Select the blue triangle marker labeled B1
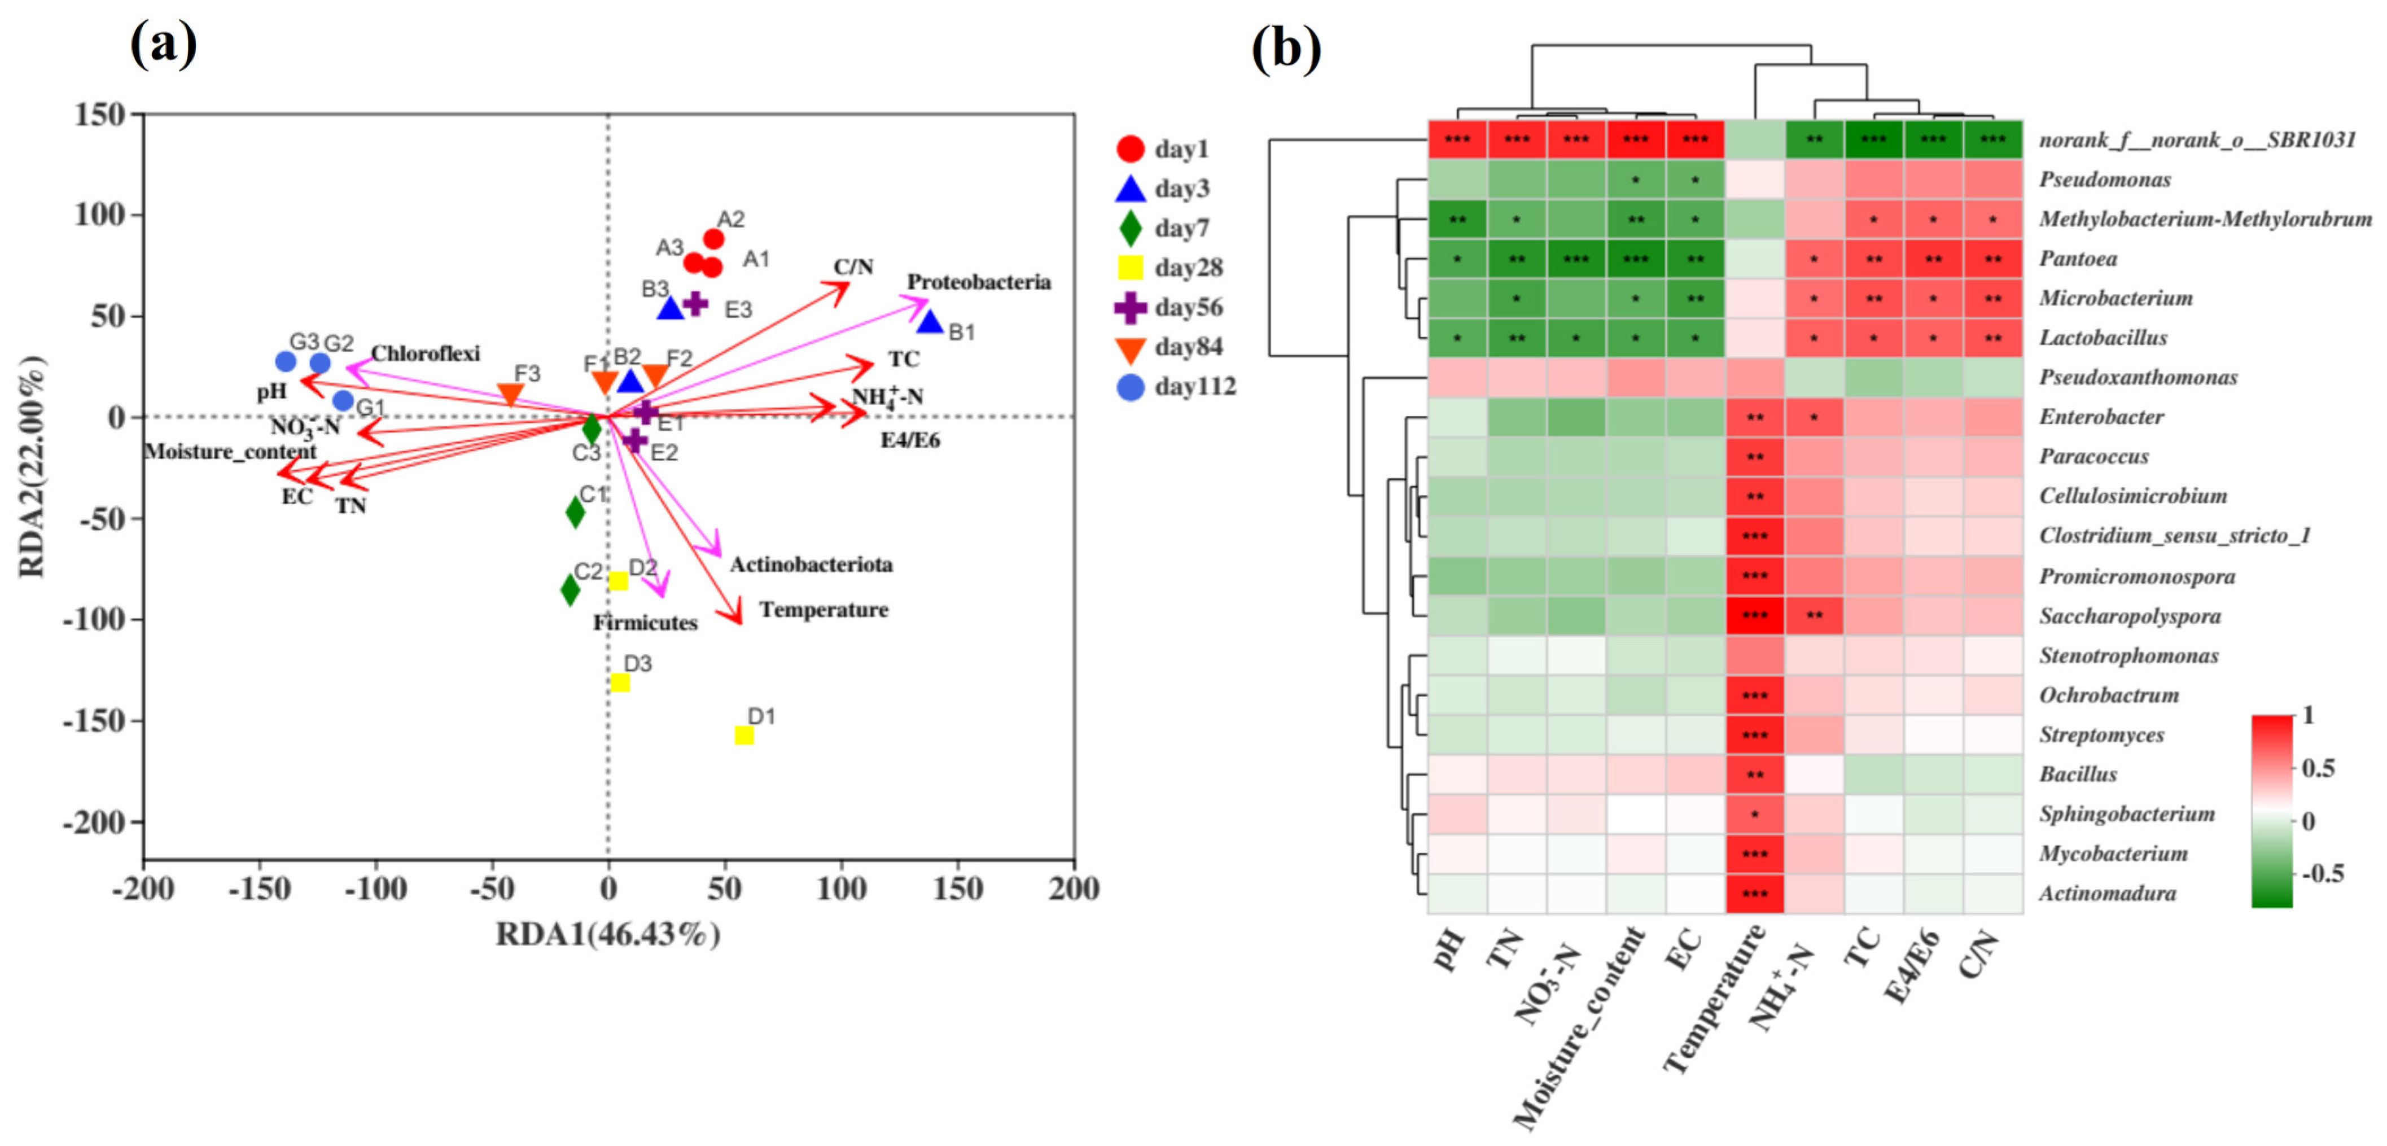930,322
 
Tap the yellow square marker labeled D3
620,683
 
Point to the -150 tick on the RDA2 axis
93,721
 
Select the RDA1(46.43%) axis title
608,934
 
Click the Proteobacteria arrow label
979,282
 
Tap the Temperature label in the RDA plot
824,610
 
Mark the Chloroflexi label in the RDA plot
426,354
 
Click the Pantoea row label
2078,259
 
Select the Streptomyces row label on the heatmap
2101,734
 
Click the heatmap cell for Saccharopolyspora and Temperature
1754,615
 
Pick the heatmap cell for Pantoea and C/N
1992,259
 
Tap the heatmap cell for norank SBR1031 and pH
1457,140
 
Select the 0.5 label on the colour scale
2319,768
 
